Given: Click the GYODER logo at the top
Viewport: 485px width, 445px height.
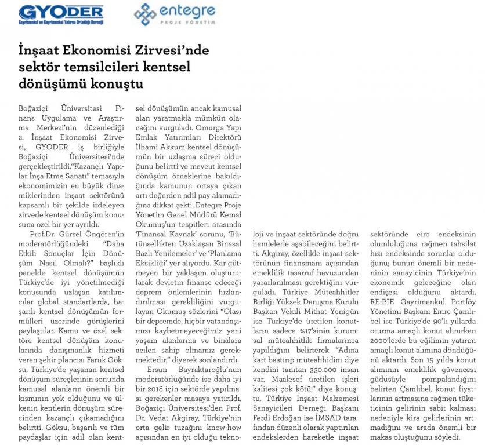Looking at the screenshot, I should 61,12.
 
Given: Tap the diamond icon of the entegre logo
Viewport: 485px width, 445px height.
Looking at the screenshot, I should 146,14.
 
